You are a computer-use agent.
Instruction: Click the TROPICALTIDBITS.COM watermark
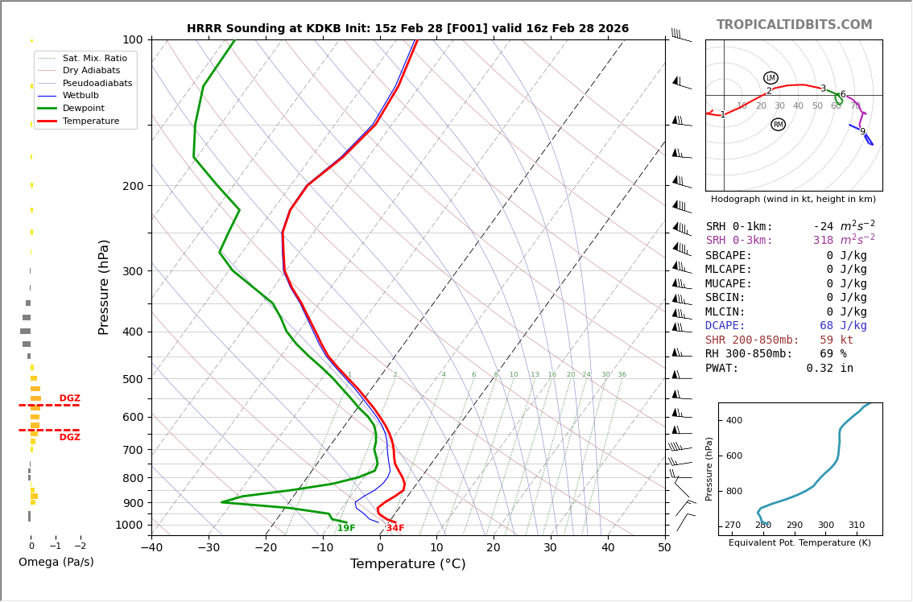794,25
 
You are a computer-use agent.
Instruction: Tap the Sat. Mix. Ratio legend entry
94,58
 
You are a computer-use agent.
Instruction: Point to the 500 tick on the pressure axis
132,379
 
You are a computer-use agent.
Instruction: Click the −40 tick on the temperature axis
151,548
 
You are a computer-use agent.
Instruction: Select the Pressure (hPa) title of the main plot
104,287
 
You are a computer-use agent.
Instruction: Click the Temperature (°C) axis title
407,564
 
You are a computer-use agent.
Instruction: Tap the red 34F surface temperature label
395,528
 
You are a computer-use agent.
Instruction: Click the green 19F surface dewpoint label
346,528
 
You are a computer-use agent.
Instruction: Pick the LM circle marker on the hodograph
770,78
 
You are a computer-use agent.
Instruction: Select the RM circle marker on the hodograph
778,125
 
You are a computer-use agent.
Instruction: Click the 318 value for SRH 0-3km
823,241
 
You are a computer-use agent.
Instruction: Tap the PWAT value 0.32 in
829,369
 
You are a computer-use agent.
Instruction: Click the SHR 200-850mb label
752,340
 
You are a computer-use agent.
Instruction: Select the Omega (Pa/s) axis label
56,562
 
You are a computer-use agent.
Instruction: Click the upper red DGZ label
70,398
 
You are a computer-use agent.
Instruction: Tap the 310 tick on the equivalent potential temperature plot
856,526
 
